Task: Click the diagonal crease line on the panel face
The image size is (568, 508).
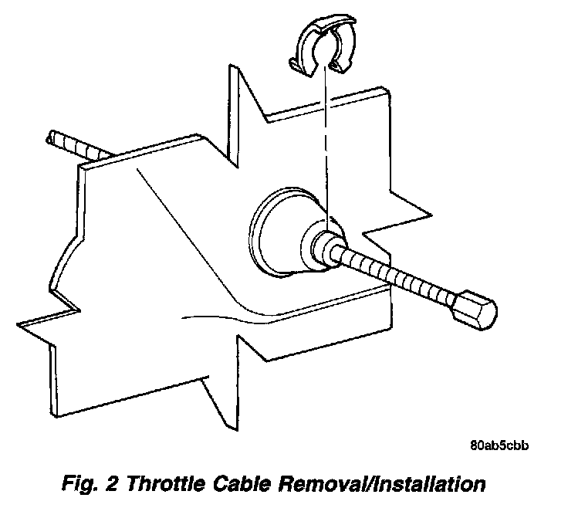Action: (177, 224)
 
